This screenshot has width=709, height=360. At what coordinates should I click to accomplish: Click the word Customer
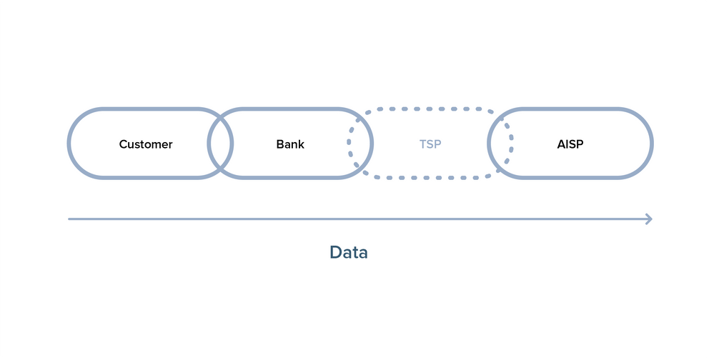pos(146,144)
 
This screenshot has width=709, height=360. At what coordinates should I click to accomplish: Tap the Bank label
pos(290,144)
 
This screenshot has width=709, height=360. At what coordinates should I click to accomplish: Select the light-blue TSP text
pos(430,144)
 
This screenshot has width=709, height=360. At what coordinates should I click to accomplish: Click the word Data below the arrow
pos(349,252)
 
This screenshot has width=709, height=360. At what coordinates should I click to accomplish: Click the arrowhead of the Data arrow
pos(649,219)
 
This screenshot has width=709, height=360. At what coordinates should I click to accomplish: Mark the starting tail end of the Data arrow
pos(69,219)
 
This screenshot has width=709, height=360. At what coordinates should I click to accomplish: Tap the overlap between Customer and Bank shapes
pos(220,144)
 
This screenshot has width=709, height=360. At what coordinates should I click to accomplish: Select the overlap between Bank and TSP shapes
pos(360,144)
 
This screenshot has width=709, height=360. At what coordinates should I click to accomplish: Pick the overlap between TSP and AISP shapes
pos(500,144)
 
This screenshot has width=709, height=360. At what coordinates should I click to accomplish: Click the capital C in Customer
pos(123,144)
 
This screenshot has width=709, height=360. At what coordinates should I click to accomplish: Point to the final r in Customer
pos(170,145)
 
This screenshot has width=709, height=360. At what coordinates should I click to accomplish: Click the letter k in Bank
pos(301,144)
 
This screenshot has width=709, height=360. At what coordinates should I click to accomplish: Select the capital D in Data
pos(335,252)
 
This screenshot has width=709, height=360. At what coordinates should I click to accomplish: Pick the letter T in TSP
pos(422,144)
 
